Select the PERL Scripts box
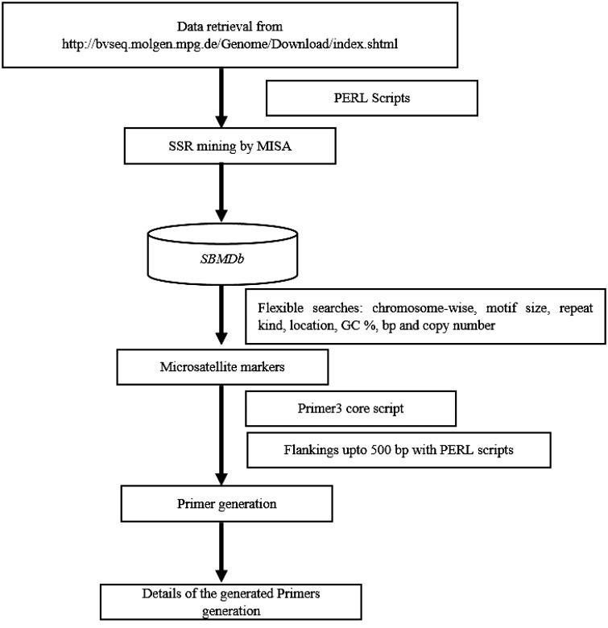click(x=371, y=99)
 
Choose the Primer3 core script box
click(x=351, y=408)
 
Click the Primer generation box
click(x=226, y=503)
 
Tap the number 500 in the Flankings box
click(x=365, y=451)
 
